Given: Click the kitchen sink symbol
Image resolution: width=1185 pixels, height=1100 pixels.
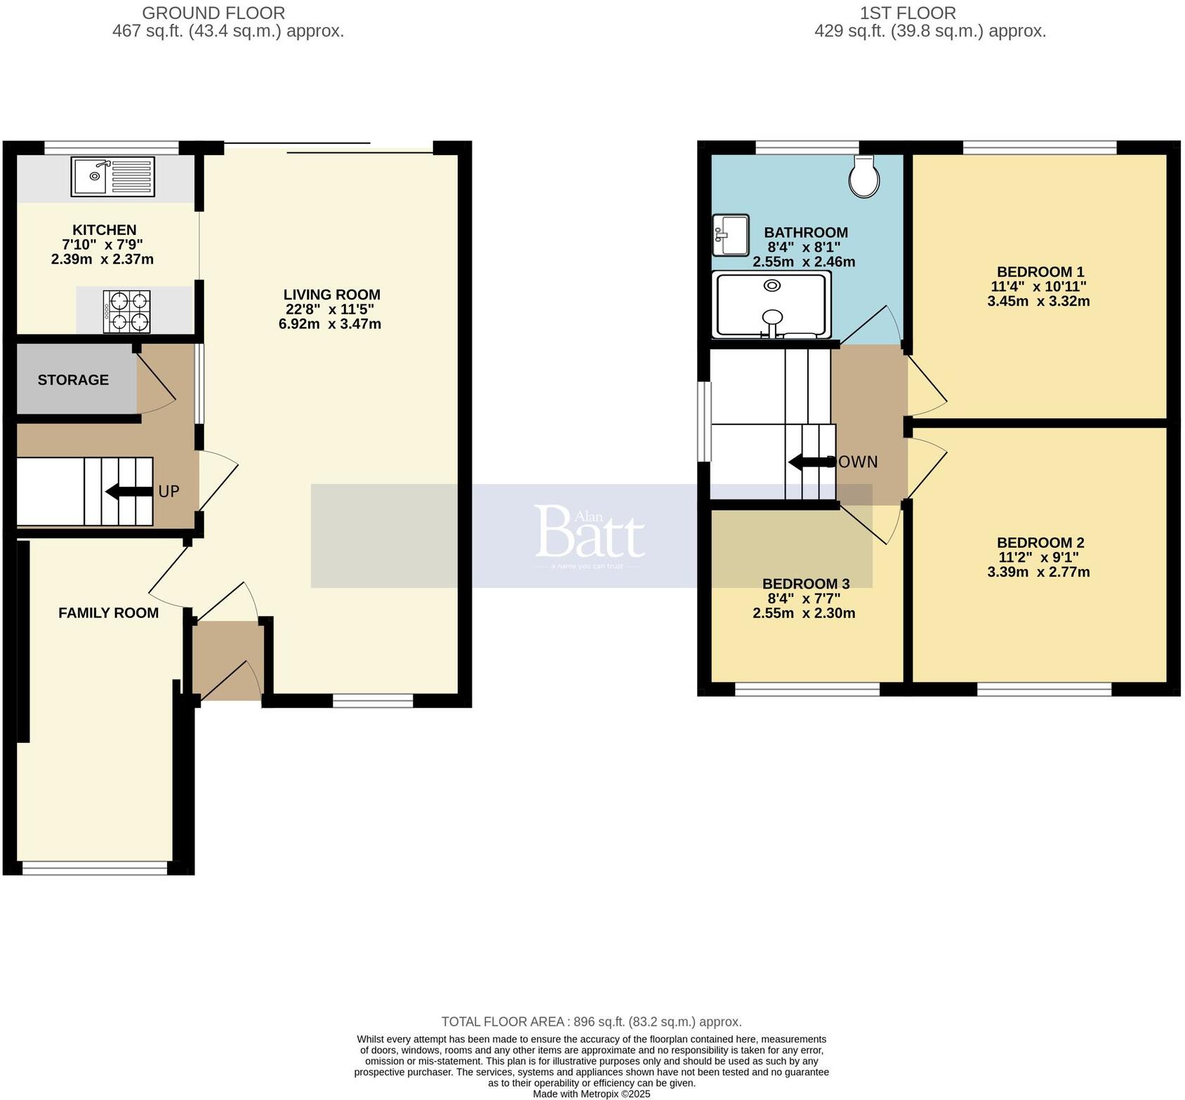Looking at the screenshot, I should tap(112, 177).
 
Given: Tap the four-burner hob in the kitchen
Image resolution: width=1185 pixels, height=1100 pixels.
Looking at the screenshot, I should tap(126, 311).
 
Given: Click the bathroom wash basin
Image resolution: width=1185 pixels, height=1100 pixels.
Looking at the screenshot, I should tap(731, 235).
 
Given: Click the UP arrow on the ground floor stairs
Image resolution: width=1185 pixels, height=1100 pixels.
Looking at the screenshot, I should tap(128, 492).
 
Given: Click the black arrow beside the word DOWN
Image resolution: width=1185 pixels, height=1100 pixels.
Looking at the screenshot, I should tap(807, 462).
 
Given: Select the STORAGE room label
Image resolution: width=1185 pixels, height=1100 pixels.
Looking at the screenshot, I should tap(73, 380).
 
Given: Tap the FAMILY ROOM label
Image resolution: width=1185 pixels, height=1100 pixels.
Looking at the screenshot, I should tap(108, 612).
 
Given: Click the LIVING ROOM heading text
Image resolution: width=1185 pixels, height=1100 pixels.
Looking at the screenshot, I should tap(331, 295).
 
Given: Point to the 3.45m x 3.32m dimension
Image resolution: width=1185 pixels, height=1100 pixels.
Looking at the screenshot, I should tap(1038, 302).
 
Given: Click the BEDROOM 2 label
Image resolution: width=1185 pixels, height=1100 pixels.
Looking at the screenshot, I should tap(1040, 542).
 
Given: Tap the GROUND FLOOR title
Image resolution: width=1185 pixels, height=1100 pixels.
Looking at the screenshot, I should tap(213, 13).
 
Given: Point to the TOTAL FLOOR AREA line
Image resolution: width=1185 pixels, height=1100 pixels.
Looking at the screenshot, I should tap(591, 1021).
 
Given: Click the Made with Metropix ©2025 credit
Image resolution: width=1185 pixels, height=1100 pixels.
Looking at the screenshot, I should tap(591, 1094).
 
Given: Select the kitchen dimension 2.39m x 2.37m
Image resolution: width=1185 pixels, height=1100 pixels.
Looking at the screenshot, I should tap(102, 260).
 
